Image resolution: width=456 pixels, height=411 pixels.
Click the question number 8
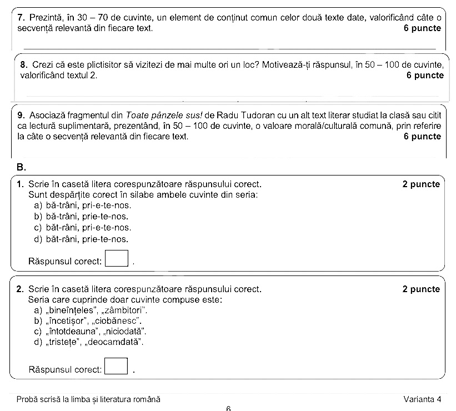23,65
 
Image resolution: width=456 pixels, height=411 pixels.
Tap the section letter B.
21,167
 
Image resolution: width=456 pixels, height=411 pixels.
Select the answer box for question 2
116,367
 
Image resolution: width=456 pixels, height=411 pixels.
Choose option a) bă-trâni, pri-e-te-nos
82,205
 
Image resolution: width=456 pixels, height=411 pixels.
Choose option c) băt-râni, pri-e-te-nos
82,228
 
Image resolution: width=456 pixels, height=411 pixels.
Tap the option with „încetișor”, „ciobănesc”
88,320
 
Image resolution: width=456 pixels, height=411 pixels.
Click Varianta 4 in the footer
423,399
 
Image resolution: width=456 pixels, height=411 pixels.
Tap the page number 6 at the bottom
228,408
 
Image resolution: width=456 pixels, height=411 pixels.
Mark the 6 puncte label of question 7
423,28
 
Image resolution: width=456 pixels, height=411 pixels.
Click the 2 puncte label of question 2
421,289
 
